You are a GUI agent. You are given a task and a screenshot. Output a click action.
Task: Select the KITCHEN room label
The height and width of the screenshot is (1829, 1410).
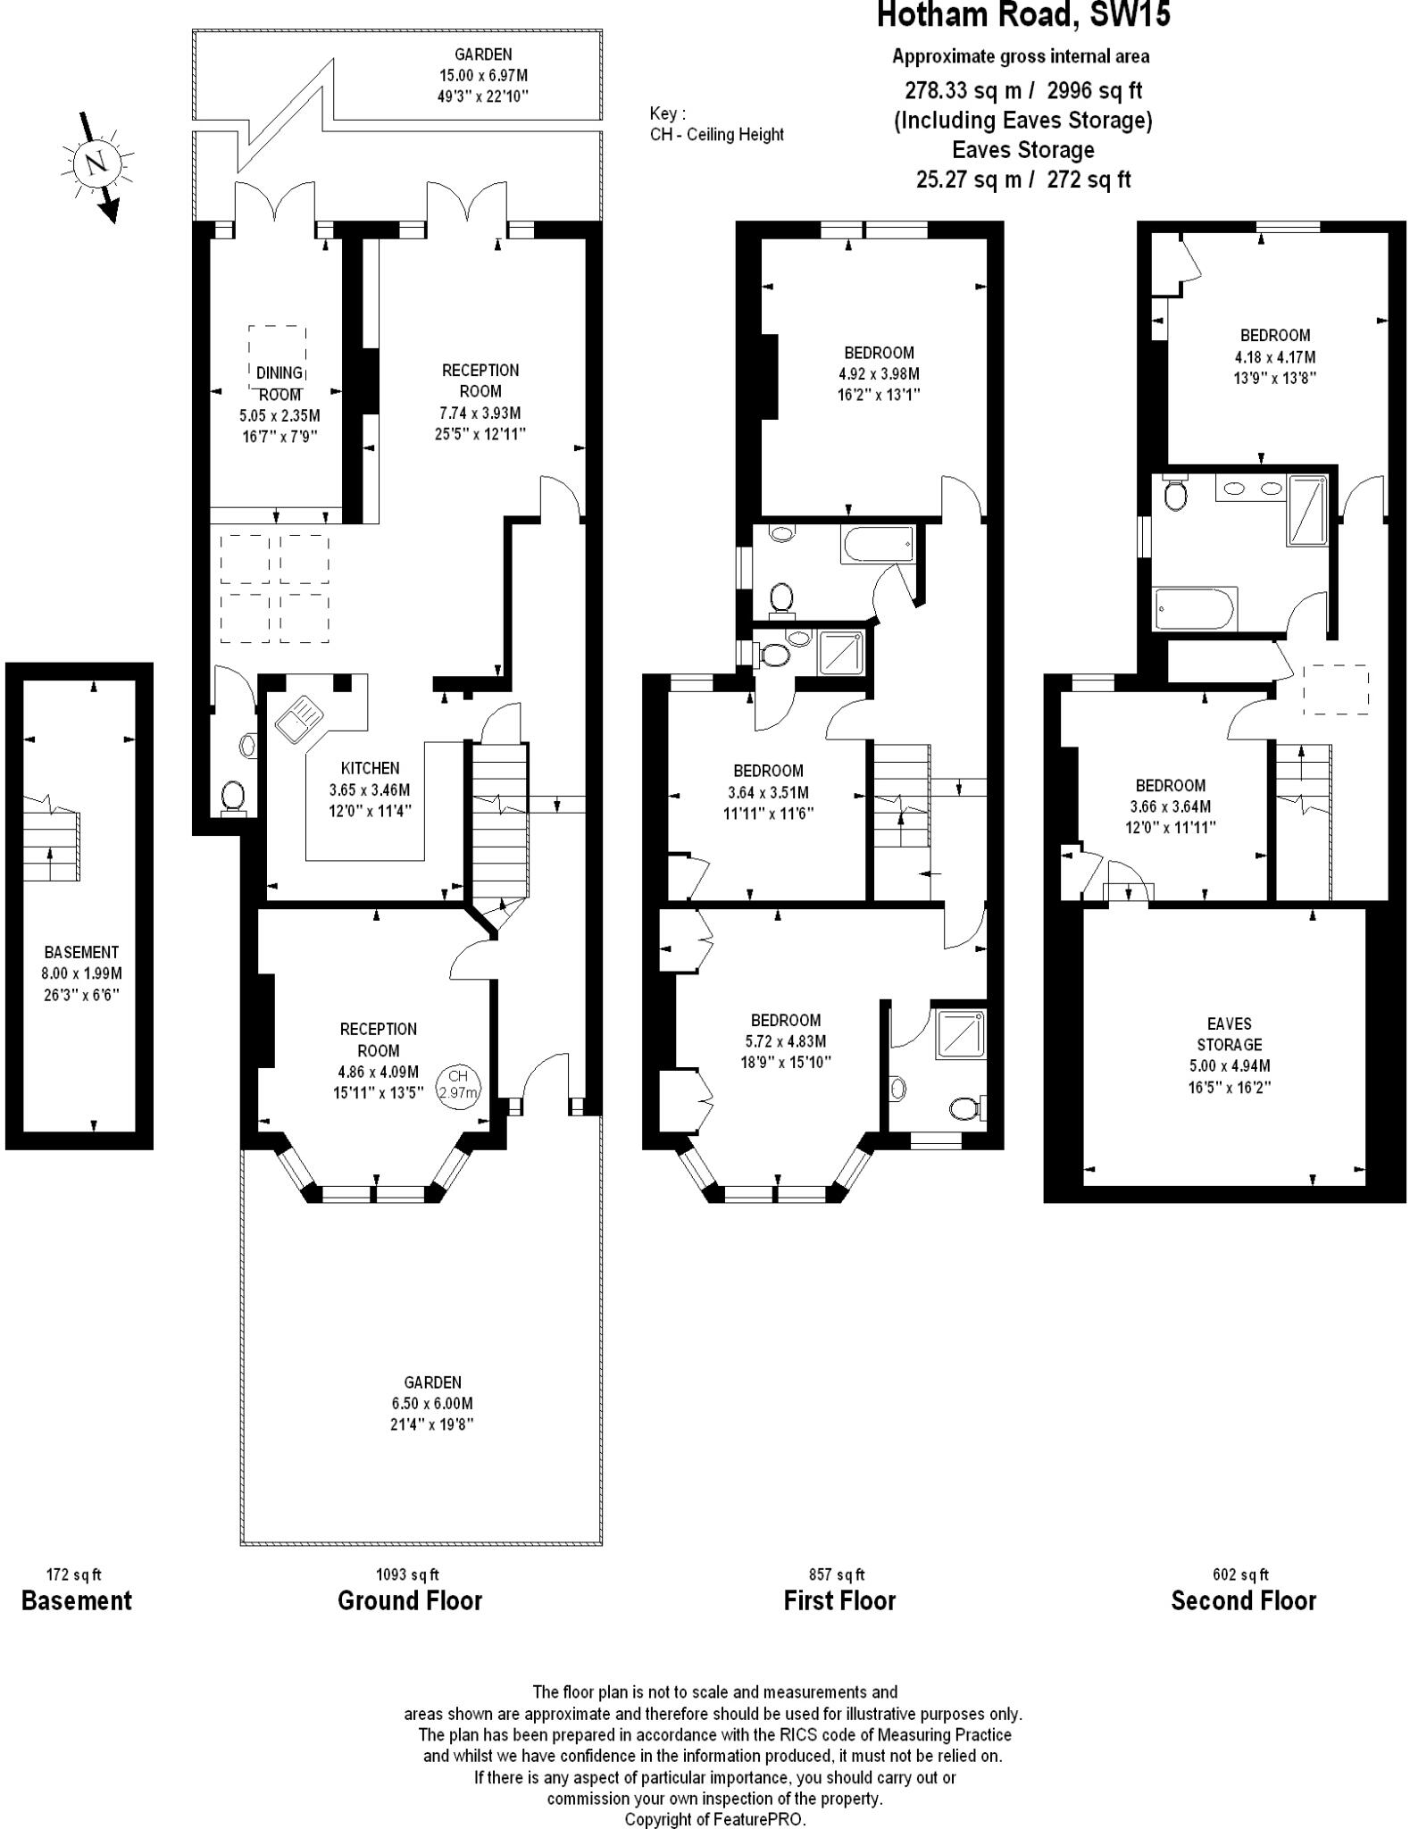(370, 768)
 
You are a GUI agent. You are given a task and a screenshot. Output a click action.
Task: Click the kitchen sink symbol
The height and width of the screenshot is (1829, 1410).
(298, 719)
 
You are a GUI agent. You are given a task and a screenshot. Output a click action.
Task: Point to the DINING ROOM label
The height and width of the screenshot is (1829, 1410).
(279, 383)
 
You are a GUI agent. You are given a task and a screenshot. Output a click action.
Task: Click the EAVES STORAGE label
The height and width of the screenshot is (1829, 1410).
(1229, 1033)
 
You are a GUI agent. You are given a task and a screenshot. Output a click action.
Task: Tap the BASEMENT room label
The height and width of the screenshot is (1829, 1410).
(81, 952)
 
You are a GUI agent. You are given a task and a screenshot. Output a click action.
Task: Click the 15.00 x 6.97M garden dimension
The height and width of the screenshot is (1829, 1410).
(483, 76)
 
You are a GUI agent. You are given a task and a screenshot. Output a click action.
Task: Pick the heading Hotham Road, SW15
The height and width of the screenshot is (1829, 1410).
(1023, 16)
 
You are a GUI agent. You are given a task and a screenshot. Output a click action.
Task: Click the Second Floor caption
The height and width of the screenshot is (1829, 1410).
(1243, 1600)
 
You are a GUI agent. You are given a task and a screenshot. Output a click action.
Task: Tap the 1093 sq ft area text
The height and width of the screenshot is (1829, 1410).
(407, 1574)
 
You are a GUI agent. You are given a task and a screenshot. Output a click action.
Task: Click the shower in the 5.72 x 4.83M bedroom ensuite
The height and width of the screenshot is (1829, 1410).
(961, 1034)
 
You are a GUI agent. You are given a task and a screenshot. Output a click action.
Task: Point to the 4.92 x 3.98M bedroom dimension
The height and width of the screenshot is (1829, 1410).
(878, 374)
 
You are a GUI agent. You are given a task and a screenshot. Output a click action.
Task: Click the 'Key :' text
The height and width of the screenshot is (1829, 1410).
(668, 113)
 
